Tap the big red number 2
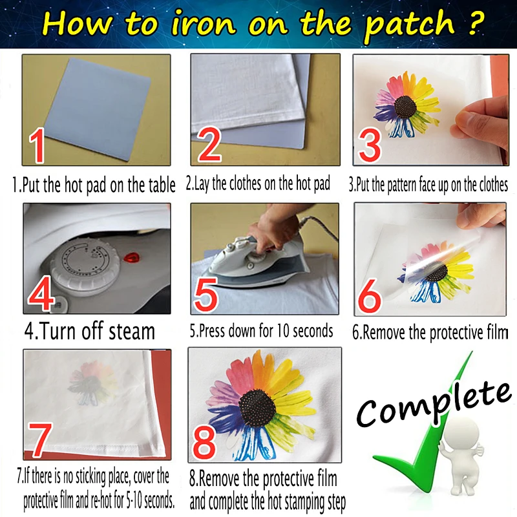(210, 146)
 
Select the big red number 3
(370, 145)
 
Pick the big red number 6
(371, 297)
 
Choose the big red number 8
(206, 443)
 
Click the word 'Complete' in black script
(433, 401)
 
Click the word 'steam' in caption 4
(126, 332)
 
